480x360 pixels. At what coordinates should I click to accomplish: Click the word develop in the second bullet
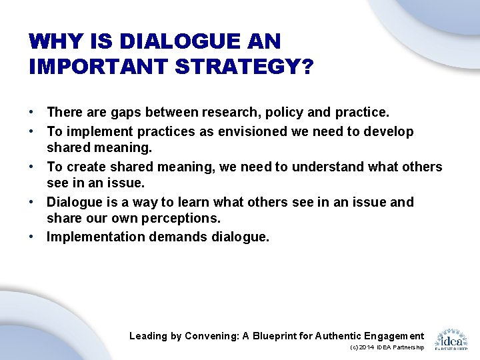[388, 131]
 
